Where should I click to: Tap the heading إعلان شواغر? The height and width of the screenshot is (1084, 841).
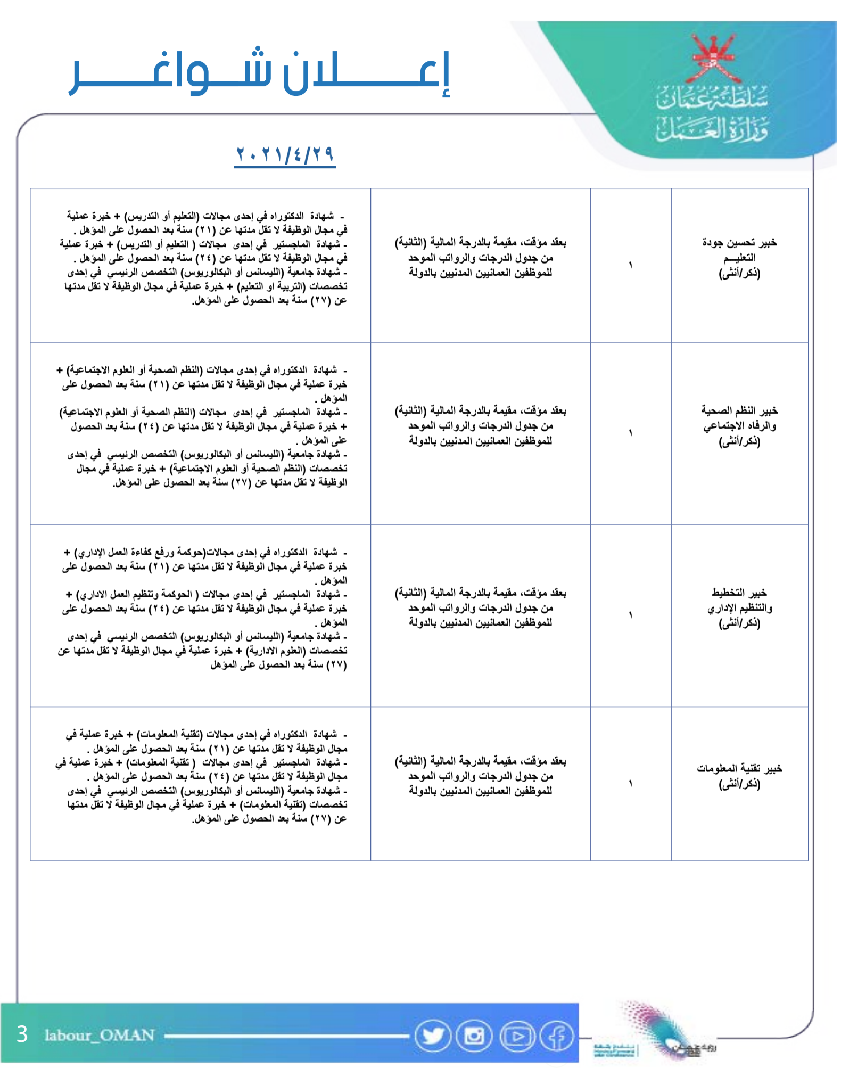[260, 73]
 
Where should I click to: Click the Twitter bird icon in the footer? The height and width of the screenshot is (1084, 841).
[433, 1036]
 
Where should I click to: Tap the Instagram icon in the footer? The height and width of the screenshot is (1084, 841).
[474, 1036]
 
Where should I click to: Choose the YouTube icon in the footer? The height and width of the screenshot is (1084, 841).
[516, 1036]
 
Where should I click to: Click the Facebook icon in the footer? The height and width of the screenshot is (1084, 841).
[557, 1036]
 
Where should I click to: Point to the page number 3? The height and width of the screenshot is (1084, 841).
[22, 1034]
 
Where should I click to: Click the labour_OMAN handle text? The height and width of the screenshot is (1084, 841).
[100, 1035]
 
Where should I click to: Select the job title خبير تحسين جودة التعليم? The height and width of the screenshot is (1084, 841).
[739, 258]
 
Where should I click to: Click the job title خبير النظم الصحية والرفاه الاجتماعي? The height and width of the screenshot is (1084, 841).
[739, 425]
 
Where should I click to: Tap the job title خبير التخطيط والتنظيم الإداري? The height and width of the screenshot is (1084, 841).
[739, 607]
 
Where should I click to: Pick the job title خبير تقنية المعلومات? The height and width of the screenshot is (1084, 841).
[739, 776]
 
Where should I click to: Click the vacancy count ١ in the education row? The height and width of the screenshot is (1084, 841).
[630, 265]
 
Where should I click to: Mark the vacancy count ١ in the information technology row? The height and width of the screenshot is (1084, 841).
[630, 783]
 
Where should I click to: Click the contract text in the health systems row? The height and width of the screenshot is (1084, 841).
[480, 425]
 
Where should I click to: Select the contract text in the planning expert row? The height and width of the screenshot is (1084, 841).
[480, 607]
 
